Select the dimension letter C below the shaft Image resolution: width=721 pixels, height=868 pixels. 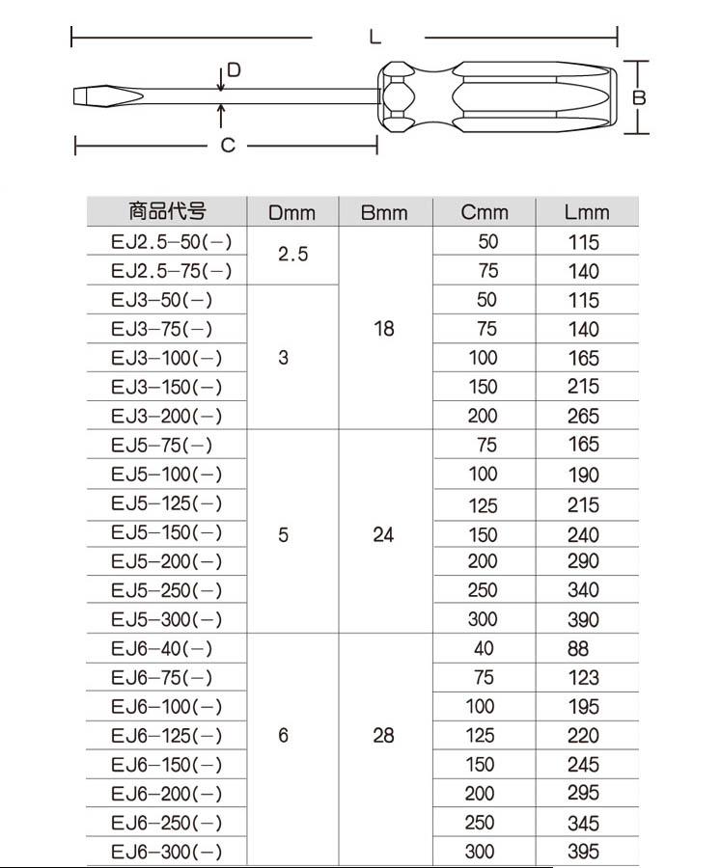tap(227, 146)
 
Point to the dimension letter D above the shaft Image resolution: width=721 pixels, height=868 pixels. tap(233, 70)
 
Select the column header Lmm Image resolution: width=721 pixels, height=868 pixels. tap(587, 212)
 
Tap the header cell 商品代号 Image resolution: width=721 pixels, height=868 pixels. tap(166, 211)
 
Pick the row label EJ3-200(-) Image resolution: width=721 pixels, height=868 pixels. tap(166, 416)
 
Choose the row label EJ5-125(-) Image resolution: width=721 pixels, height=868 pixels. tap(166, 503)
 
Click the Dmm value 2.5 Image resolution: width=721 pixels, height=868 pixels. tap(292, 256)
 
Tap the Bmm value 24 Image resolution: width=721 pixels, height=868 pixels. tap(383, 533)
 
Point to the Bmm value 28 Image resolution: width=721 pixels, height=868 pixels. tap(383, 735)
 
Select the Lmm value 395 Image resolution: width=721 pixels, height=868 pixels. tap(583, 852)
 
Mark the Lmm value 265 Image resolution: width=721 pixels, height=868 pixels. tap(583, 417)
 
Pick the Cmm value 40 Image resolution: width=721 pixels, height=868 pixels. tap(483, 649)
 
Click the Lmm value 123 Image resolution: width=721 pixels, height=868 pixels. tap(583, 678)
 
